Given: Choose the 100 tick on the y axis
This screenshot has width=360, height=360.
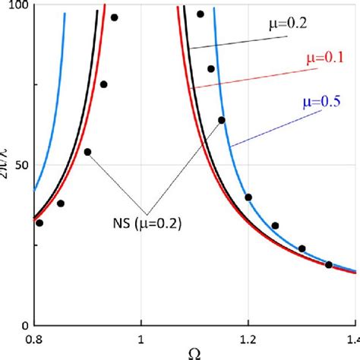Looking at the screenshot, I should click(15, 6).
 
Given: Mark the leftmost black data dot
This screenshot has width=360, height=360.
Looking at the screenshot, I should click(39, 223).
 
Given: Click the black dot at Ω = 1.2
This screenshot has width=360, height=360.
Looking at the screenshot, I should click(248, 197).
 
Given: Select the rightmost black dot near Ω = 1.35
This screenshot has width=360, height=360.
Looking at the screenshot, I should click(329, 264).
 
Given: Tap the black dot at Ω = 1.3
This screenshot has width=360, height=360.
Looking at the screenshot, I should click(302, 248).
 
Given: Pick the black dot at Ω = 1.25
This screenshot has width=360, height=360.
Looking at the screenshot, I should click(275, 226).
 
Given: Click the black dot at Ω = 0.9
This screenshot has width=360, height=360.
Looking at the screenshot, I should click(87, 152).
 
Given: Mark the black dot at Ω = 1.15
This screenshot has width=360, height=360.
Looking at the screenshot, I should click(222, 120).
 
